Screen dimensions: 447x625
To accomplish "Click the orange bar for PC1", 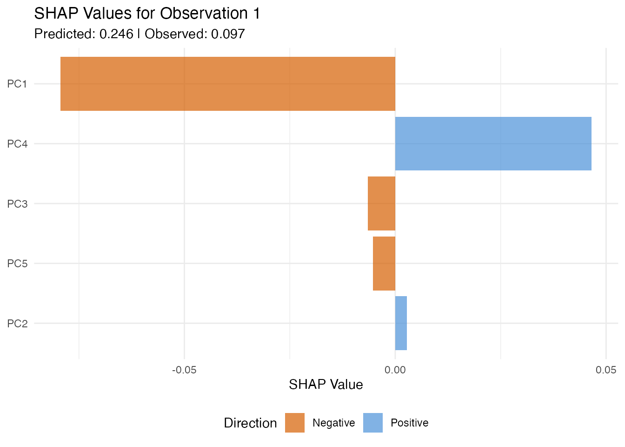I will [x=228, y=84].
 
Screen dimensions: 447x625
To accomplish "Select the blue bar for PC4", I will [x=493, y=143].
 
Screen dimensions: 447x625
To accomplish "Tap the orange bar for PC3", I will [x=381, y=203].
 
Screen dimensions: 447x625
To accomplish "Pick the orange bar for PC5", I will [x=384, y=264].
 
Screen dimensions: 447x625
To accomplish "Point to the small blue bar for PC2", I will [x=401, y=323].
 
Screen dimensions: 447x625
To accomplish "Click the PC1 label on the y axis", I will [x=18, y=84].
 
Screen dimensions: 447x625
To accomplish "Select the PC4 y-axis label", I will [x=18, y=144].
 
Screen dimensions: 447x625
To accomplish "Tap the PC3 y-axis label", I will [x=18, y=204].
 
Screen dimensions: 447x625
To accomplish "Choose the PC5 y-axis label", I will [x=18, y=264].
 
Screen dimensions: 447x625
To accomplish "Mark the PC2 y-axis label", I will [x=18, y=324].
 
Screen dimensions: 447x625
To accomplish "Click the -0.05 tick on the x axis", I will [x=184, y=370].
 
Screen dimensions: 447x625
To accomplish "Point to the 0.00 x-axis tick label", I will [x=395, y=370].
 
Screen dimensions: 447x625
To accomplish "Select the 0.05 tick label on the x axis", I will [x=606, y=370].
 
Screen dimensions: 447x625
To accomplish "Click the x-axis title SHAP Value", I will [x=326, y=385].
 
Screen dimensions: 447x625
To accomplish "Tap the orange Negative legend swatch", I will [x=295, y=423].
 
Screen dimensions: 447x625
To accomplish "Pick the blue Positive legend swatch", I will [x=373, y=423].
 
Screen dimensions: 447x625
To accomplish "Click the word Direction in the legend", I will [x=250, y=423].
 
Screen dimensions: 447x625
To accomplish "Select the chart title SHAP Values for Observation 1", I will [x=147, y=14].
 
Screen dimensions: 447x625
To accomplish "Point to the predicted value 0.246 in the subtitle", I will [x=116, y=34].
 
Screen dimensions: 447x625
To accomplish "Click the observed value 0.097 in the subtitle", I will [x=228, y=34].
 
